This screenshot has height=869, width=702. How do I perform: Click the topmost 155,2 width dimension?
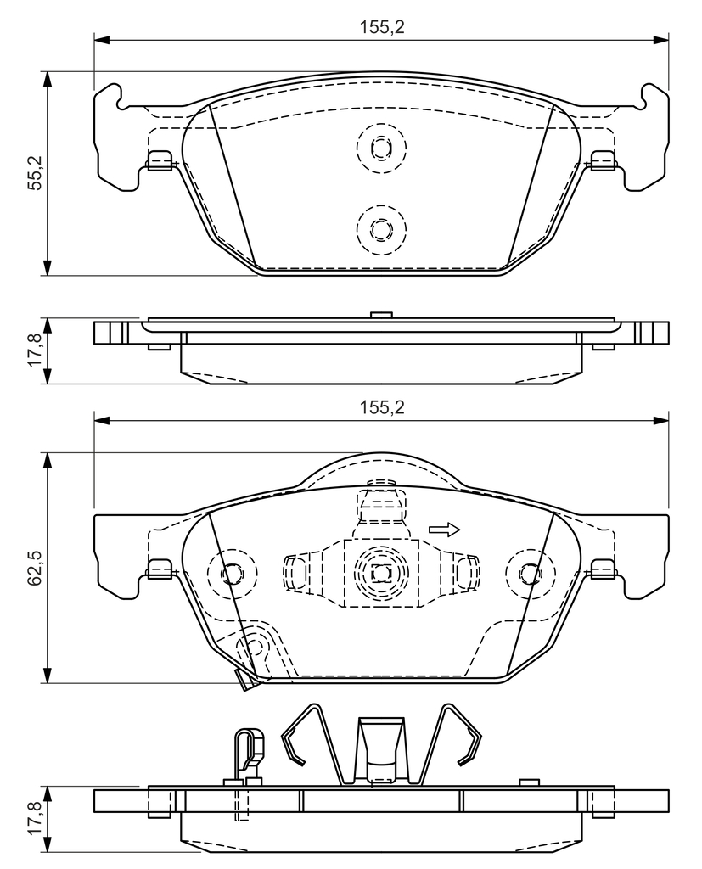(381, 26)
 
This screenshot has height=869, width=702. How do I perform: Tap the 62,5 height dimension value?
(35, 568)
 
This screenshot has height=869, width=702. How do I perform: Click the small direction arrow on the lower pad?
(444, 530)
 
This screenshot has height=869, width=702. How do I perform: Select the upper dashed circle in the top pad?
(380, 148)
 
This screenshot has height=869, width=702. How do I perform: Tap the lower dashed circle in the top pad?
(379, 229)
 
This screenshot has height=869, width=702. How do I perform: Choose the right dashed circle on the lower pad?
(530, 574)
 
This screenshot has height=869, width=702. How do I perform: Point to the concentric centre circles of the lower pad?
(379, 574)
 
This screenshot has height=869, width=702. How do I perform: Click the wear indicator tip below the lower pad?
(245, 681)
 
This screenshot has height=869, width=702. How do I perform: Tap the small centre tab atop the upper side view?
(380, 315)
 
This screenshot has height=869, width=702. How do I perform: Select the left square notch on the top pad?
(160, 160)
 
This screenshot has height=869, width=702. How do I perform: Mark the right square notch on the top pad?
(602, 160)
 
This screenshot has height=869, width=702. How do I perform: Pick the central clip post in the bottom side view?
(379, 747)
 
